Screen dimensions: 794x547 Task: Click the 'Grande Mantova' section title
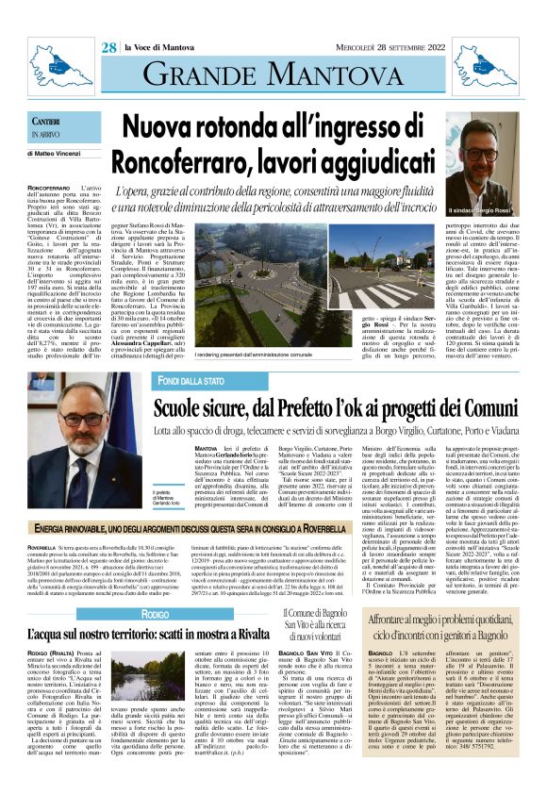click(273, 74)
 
